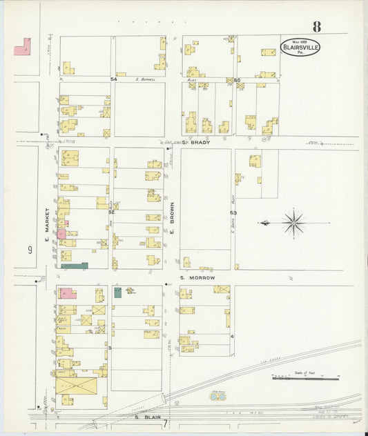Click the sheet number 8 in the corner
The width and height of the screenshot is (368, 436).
pyautogui.click(x=316, y=27)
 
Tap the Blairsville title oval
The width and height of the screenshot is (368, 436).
pyautogui.click(x=300, y=48)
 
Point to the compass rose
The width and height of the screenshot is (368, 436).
pyautogui.click(x=293, y=223)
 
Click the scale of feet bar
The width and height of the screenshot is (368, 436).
pyautogui.click(x=306, y=377)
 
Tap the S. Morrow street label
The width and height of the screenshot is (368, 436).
pyautogui.click(x=198, y=277)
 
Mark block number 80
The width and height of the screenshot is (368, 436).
pyautogui.click(x=236, y=80)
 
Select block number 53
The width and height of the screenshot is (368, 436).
pyautogui.click(x=233, y=213)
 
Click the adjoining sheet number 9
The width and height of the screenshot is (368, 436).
pyautogui.click(x=30, y=250)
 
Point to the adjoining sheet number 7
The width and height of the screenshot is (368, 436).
pyautogui.click(x=166, y=422)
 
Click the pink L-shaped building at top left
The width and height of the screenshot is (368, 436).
pyautogui.click(x=22, y=47)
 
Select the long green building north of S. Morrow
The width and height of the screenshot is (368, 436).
pyautogui.click(x=75, y=265)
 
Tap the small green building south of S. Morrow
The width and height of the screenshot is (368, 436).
pyautogui.click(x=117, y=293)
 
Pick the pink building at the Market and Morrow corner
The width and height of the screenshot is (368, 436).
pyautogui.click(x=68, y=293)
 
